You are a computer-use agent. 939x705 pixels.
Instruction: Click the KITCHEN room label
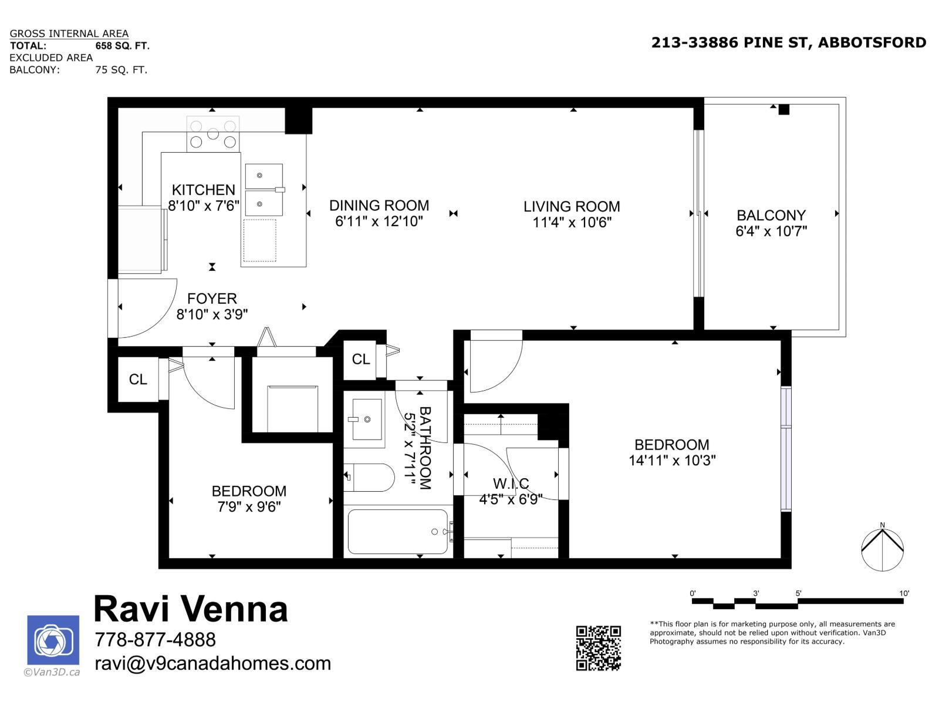click(203, 190)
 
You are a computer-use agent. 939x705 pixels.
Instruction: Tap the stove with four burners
click(212, 134)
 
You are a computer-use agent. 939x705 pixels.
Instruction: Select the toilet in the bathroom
click(369, 478)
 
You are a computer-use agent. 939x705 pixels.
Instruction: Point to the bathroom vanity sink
click(367, 419)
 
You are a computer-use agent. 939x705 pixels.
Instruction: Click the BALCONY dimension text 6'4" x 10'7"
click(771, 231)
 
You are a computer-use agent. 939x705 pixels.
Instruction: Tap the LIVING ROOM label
click(572, 206)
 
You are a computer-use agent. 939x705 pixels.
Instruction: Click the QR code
click(598, 648)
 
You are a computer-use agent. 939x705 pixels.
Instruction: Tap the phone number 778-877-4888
click(155, 639)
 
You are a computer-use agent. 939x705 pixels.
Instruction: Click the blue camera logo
click(53, 640)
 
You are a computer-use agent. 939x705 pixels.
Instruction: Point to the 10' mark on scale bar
click(904, 594)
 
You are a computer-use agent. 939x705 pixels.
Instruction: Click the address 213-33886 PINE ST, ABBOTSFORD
click(789, 42)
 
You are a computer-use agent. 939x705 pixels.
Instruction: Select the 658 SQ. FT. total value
click(122, 45)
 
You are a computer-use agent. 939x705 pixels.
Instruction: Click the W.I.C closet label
click(511, 484)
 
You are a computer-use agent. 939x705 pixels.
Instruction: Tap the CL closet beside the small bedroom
click(138, 380)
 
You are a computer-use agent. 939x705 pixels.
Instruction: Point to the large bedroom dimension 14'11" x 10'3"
click(671, 460)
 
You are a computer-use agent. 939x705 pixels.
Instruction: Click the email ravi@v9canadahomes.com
click(212, 663)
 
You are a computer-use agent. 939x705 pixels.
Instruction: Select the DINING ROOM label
click(379, 205)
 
